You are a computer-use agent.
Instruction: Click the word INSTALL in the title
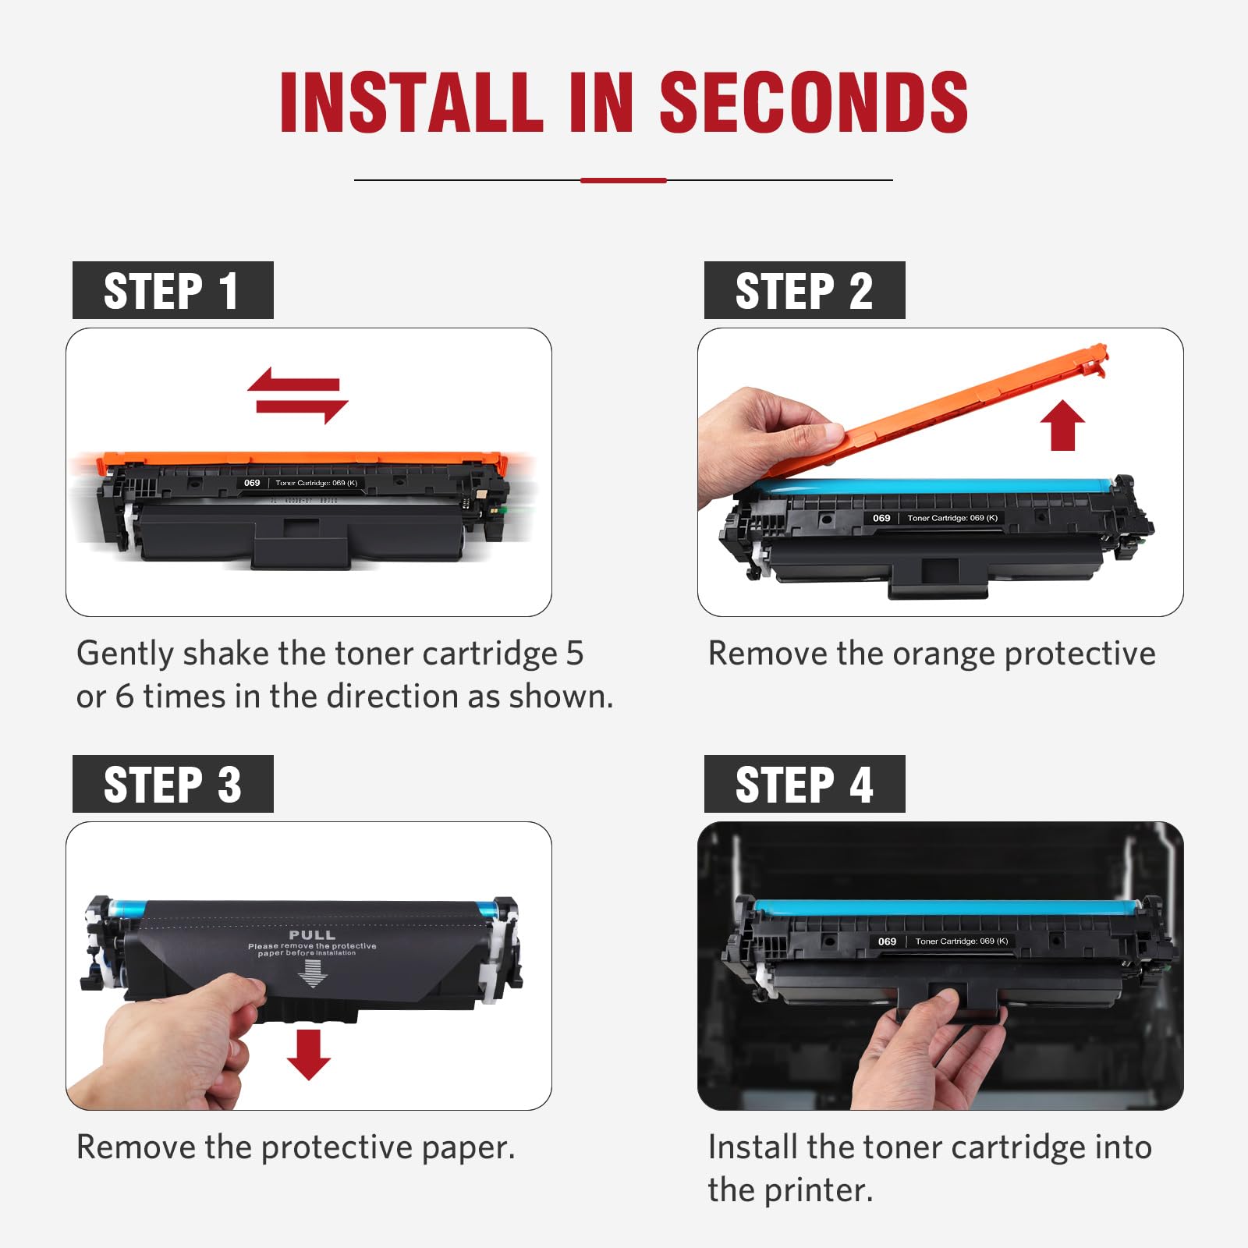click(411, 103)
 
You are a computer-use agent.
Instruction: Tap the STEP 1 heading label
click(172, 290)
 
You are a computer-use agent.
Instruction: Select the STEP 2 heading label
click(804, 290)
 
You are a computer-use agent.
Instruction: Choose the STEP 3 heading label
click(172, 784)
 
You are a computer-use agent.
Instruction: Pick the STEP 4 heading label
click(804, 784)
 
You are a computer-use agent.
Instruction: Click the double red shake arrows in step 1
click(297, 395)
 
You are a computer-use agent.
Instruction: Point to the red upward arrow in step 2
click(1062, 425)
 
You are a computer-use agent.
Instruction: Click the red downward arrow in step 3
click(309, 1054)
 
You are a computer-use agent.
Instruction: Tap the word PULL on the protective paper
click(312, 934)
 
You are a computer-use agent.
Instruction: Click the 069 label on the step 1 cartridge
click(252, 483)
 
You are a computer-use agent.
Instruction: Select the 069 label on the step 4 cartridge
click(887, 941)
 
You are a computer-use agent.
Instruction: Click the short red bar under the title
click(623, 180)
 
